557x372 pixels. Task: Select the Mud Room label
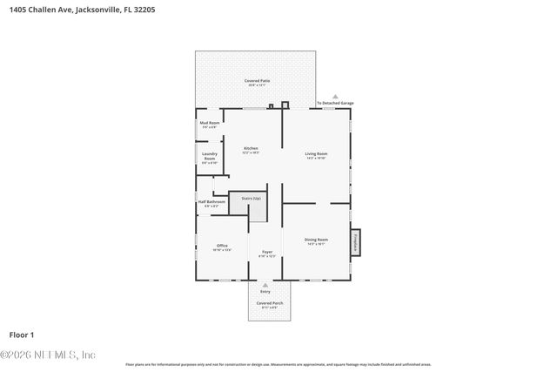tap(209, 125)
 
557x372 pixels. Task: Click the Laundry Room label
tap(209, 159)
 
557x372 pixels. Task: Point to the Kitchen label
tap(251, 150)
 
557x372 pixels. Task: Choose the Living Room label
tap(316, 155)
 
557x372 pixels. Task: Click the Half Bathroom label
tap(211, 203)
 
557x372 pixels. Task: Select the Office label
tap(222, 247)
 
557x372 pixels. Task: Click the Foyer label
tap(267, 254)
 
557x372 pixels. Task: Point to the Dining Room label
tap(316, 240)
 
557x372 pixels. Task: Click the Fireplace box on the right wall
tap(356, 243)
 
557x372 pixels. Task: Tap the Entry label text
tap(265, 291)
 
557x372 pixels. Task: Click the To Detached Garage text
tap(335, 104)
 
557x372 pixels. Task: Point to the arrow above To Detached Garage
tap(335, 98)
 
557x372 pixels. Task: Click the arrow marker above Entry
tap(265, 284)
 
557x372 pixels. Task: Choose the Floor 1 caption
tap(22, 335)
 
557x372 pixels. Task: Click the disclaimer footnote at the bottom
tap(278, 364)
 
